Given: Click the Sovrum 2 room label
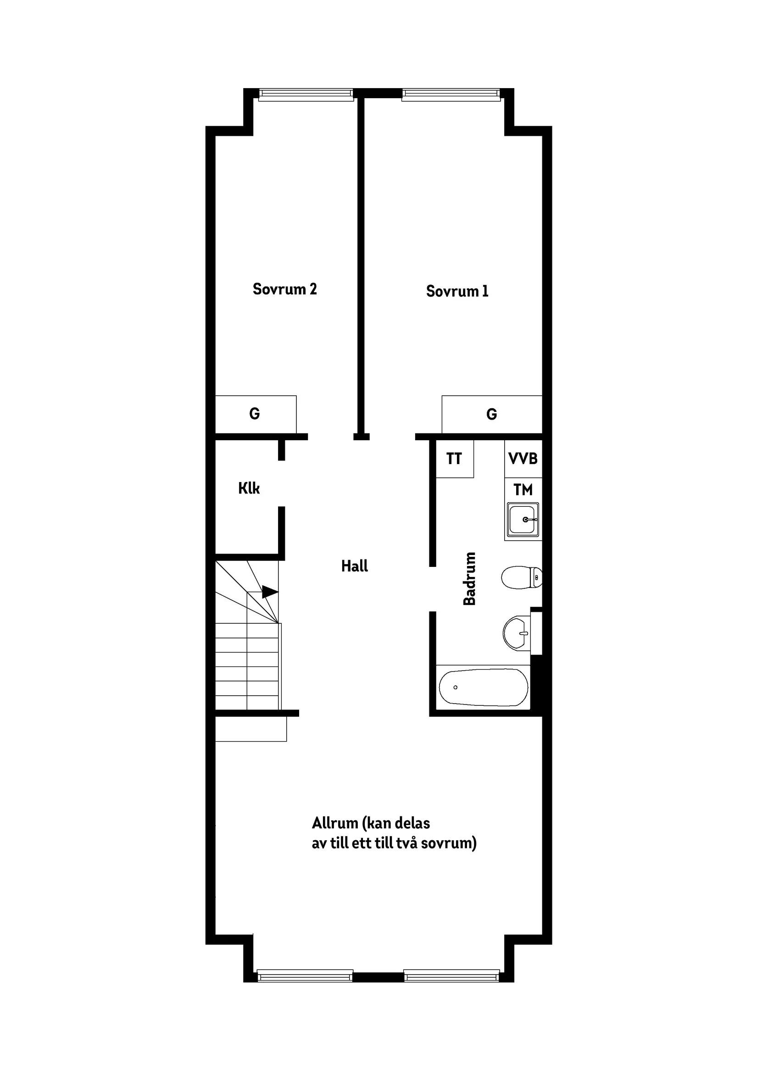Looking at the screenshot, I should coord(284,289).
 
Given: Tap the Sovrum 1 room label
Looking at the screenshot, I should coord(457,291).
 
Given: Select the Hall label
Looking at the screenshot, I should coord(354,566).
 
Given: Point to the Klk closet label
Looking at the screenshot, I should coord(249,488).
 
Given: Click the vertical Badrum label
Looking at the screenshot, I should coord(469,578).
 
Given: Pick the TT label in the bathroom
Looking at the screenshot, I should coord(454,459).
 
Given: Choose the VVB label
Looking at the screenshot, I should coord(523,459).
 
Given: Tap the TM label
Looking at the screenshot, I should coord(523,490).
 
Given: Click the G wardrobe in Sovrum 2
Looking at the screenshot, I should coord(255,414).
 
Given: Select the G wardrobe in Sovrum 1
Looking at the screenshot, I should coord(491,414).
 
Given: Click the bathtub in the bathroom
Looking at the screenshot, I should coord(484,687).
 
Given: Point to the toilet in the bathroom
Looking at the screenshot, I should coord(521,577).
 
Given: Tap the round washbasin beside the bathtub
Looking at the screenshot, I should coord(517,633).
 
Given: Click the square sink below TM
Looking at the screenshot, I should coord(523,519).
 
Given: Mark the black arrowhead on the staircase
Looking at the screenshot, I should coord(269,592).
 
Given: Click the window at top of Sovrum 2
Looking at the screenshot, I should coord(306,94).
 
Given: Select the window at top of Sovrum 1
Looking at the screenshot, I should coord(451,94).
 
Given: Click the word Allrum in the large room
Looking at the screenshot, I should coord(334,823).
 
